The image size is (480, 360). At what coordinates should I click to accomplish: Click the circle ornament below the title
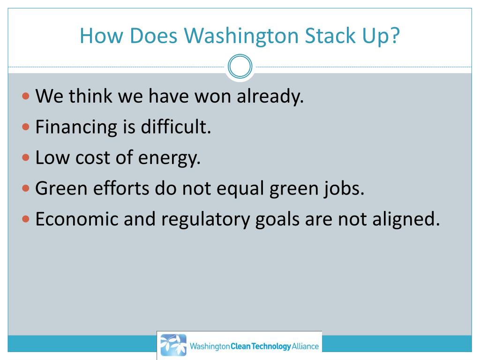pos(240,67)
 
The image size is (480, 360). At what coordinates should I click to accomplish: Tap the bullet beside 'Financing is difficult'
pos(26,127)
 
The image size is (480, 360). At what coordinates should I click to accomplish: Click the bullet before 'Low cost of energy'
pos(26,157)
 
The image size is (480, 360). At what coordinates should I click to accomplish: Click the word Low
pos(49,157)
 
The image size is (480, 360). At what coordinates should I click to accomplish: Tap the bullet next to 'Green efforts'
pos(26,188)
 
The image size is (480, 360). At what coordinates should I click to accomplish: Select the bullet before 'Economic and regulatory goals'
pos(26,219)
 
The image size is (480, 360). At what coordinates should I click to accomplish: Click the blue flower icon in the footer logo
pos(172,345)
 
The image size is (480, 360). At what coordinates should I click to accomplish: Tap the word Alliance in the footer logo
pos(305,347)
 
